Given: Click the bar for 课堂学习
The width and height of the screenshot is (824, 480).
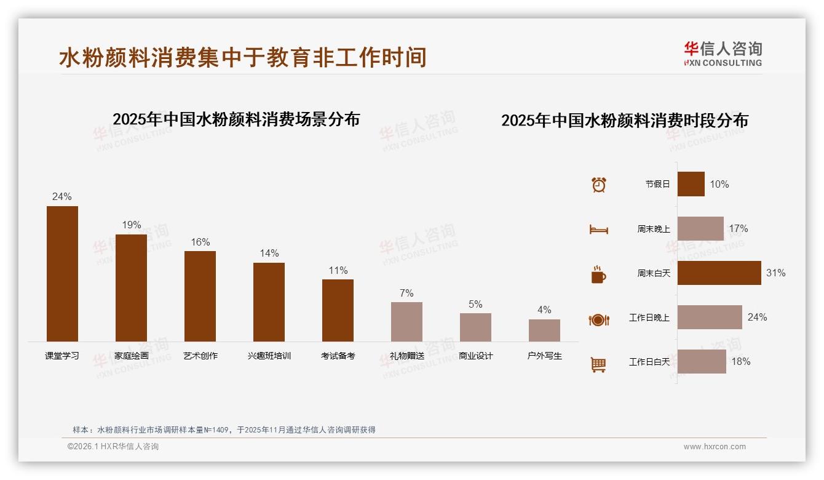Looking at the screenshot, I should click(x=62, y=273).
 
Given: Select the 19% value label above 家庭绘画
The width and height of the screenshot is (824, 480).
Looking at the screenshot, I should click(x=131, y=225).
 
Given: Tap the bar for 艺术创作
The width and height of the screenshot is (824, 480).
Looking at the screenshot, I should click(x=200, y=296).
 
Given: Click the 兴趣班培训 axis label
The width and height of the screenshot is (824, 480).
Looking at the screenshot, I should click(x=269, y=356).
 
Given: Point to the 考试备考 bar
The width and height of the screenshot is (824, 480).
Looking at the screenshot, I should click(x=338, y=310).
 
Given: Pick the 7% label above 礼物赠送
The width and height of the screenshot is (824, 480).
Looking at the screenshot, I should click(x=406, y=293).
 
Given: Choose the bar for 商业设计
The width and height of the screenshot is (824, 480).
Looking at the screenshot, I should click(x=475, y=327).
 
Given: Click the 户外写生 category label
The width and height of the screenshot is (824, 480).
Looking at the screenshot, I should click(x=544, y=356).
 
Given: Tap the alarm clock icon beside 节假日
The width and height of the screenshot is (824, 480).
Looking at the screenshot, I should click(x=598, y=185).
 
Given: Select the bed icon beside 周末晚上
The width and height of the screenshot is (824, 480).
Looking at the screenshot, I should click(x=598, y=229).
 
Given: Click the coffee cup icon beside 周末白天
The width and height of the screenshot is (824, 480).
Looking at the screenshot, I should click(x=598, y=274).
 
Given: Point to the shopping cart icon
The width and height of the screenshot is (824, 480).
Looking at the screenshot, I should click(x=598, y=364).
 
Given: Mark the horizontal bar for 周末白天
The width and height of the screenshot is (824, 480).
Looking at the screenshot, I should click(x=719, y=273).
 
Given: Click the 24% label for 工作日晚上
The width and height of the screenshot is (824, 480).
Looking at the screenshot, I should click(x=757, y=318).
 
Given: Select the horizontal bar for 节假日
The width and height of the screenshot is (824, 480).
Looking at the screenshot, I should click(x=691, y=184).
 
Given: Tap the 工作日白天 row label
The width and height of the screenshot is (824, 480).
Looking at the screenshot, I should click(x=649, y=362).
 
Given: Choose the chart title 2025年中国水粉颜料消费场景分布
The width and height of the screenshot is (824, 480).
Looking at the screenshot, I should click(x=236, y=119).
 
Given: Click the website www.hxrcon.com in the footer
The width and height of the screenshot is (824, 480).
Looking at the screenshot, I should click(x=714, y=447).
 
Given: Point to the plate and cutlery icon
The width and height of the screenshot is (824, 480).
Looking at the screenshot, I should click(x=598, y=319).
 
